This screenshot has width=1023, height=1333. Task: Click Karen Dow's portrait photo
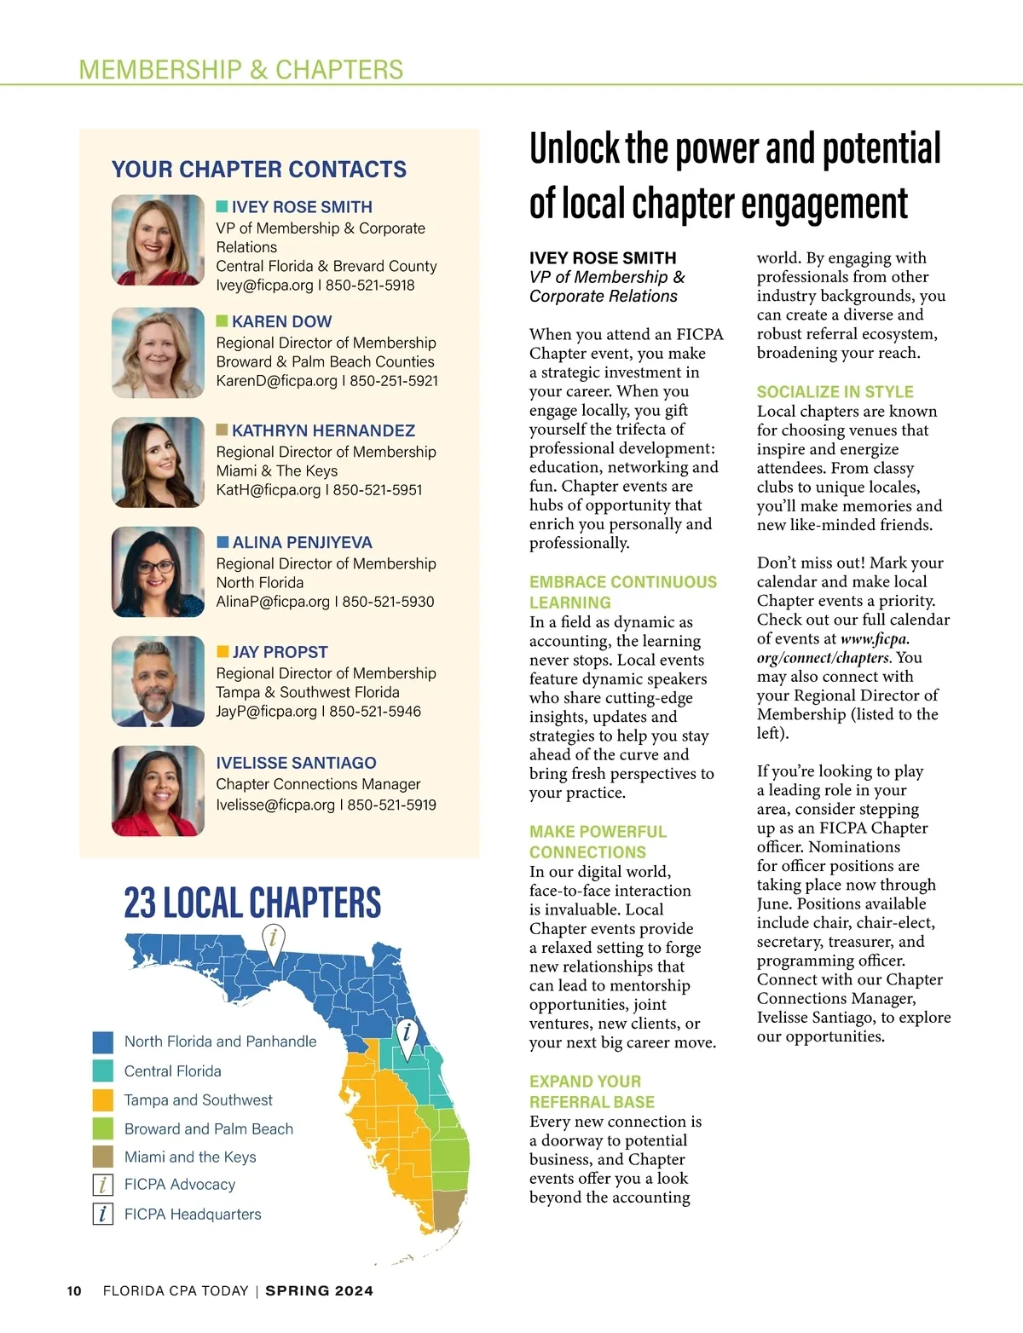tap(158, 353)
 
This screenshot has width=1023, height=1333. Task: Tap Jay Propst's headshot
tap(158, 681)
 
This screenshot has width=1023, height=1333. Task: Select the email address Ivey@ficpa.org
tap(264, 286)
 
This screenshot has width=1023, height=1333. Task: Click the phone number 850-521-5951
tap(378, 490)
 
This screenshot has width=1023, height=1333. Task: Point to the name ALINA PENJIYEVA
tap(302, 543)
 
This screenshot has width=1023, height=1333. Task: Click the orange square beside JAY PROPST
tap(223, 652)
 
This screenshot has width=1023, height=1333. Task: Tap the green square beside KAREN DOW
tap(223, 321)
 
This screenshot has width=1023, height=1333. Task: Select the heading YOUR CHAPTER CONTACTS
tap(259, 170)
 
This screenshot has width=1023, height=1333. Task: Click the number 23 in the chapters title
tap(140, 903)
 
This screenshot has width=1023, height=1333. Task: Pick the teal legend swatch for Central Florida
tap(102, 1071)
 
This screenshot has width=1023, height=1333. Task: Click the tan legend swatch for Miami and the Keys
tap(102, 1157)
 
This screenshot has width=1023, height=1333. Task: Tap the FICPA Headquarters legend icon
tap(102, 1214)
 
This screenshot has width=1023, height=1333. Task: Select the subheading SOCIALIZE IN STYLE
tap(835, 392)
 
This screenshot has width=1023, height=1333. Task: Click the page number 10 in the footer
tap(74, 1291)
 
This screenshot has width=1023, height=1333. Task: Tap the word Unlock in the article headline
tap(574, 149)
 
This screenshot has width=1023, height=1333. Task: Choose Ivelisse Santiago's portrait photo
tap(158, 791)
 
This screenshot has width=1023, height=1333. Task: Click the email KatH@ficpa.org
tap(268, 490)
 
